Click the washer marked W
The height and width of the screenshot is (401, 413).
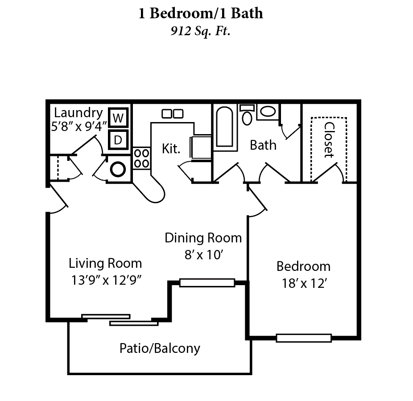click(118, 118)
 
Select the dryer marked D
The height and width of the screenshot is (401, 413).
click(118, 140)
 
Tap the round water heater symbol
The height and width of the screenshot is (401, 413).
click(118, 169)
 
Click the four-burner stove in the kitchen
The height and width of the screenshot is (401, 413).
click(141, 158)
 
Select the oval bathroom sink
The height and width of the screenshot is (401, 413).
click(268, 111)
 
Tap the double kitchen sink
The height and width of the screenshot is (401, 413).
click(172, 114)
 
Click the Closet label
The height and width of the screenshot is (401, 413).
click(329, 140)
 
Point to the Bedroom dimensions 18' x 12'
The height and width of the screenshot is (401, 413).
click(303, 283)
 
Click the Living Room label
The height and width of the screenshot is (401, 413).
click(105, 263)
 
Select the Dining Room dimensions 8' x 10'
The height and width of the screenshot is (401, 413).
click(203, 255)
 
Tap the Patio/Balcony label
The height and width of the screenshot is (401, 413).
click(160, 348)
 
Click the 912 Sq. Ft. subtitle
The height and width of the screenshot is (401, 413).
click(201, 32)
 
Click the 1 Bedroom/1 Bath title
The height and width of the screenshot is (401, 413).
click(201, 13)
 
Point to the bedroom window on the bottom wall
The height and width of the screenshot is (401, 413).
click(304, 338)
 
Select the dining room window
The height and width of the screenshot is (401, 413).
click(207, 282)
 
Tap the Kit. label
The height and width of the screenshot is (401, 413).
click(171, 149)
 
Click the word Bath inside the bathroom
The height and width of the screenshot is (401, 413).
click(263, 145)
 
